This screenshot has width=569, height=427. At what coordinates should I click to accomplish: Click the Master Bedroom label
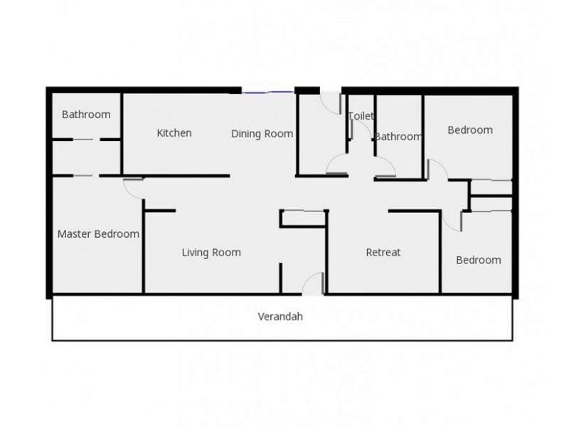[x=98, y=233]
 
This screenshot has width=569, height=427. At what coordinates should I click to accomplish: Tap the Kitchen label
[x=174, y=132]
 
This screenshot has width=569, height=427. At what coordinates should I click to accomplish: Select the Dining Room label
[x=262, y=133]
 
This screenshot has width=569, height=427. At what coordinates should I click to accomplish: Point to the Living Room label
[x=211, y=252]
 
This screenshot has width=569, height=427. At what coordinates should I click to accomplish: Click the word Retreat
[x=383, y=252]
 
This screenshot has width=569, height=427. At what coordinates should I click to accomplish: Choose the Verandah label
[x=281, y=317]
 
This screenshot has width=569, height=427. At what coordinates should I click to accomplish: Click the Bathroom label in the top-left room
[x=86, y=114]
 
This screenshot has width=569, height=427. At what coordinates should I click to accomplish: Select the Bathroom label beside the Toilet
[x=398, y=137]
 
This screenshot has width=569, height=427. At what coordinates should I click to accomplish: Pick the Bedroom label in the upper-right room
[x=470, y=130]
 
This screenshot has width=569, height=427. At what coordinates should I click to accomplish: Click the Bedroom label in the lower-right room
[x=478, y=260]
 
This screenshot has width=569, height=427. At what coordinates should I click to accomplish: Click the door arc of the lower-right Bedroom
[x=454, y=221]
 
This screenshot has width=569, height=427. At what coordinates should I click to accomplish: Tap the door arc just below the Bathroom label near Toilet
[x=385, y=168]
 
